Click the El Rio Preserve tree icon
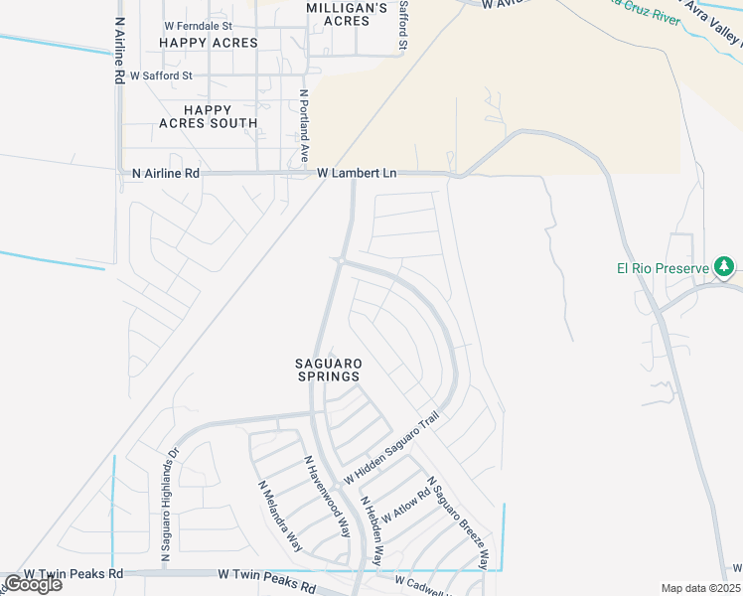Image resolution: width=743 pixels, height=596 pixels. (725, 267)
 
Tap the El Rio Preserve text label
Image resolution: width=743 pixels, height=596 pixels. (663, 268)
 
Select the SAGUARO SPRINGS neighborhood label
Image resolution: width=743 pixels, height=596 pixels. (327, 370)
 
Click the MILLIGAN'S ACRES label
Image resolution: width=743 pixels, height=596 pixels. (346, 14)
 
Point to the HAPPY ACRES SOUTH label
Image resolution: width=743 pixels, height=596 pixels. (208, 116)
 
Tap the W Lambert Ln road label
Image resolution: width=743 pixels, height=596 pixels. (357, 173)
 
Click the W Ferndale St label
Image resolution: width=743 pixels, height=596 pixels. (198, 26)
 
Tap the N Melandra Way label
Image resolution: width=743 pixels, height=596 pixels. (280, 517)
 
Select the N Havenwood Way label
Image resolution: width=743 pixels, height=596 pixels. (327, 497)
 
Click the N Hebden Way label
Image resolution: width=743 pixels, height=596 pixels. (371, 531)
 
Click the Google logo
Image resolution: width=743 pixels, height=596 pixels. (33, 584)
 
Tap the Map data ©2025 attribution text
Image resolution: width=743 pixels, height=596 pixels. (700, 588)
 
